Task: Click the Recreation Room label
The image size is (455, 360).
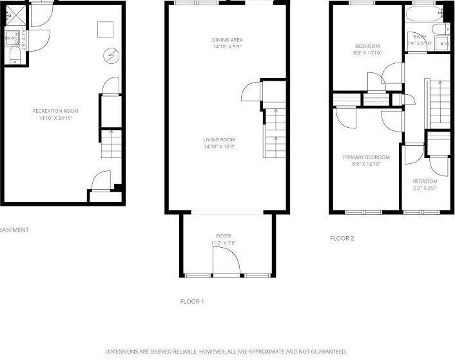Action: click(55, 111)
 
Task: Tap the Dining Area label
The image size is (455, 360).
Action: click(227, 40)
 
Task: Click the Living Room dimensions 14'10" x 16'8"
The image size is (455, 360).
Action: click(219, 146)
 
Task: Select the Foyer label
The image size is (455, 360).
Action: click(224, 236)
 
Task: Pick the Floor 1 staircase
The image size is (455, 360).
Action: click(274, 132)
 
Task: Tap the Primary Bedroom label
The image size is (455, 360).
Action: click(366, 157)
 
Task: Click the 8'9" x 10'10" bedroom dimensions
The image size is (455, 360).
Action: click(367, 53)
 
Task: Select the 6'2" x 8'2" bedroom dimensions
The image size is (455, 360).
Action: click(425, 188)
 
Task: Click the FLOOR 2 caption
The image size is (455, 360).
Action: click(342, 238)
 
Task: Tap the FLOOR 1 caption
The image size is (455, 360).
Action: click(192, 301)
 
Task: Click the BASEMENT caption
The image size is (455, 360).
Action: click(14, 229)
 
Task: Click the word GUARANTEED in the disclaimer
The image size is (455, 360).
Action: click(329, 352)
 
